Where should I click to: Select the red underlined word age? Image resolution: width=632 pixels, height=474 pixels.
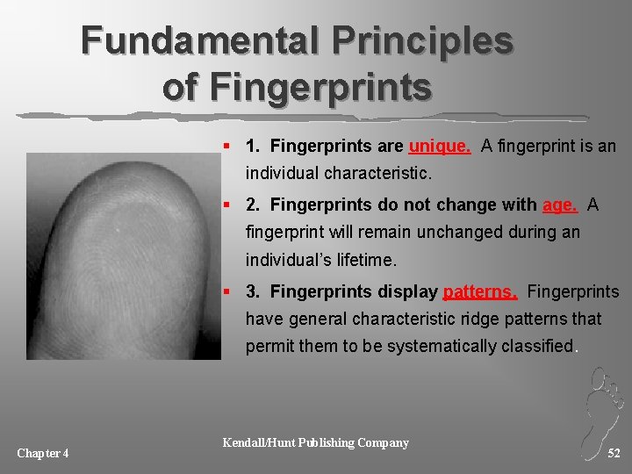[560, 205]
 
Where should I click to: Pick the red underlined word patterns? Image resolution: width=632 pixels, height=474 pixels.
[480, 291]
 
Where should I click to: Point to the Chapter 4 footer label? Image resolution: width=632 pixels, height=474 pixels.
[43, 453]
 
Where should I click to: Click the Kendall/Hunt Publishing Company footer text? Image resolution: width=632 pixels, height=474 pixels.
[316, 442]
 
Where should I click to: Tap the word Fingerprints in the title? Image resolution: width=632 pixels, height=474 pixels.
[298, 88]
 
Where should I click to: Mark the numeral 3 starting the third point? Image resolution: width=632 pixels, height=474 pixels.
[252, 291]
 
